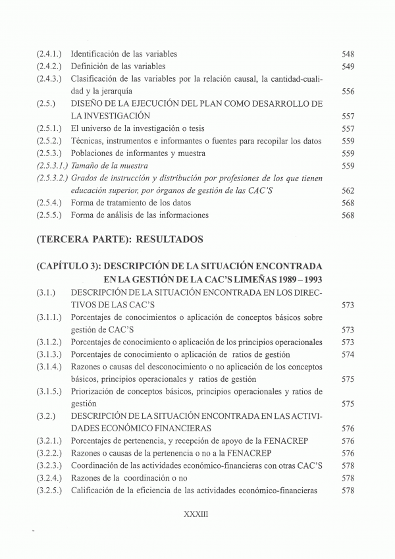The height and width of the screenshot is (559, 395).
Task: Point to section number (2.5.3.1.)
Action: (x=53, y=166)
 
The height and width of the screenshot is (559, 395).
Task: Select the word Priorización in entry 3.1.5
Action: (x=94, y=392)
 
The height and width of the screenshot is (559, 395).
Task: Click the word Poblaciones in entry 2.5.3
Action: (x=94, y=153)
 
